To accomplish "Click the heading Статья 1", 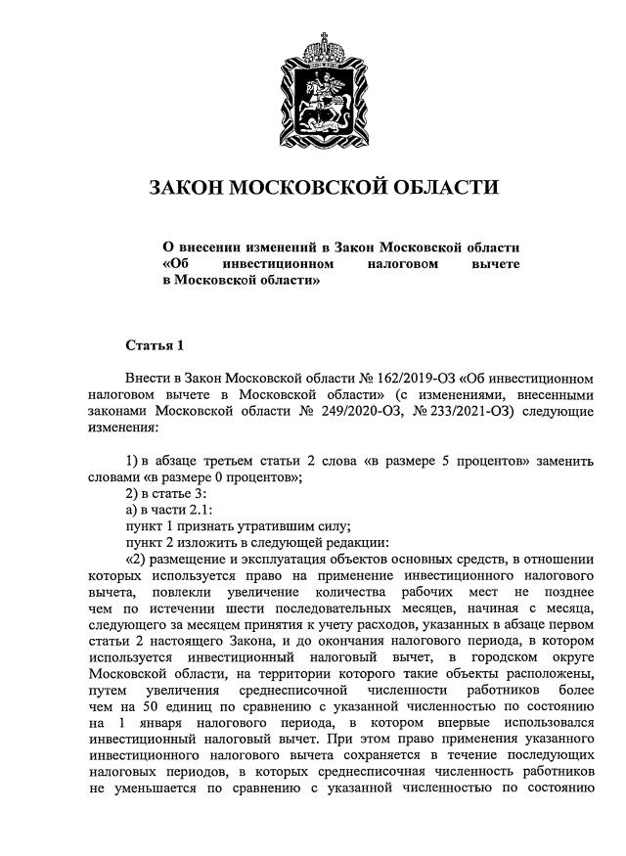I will click(155, 345).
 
